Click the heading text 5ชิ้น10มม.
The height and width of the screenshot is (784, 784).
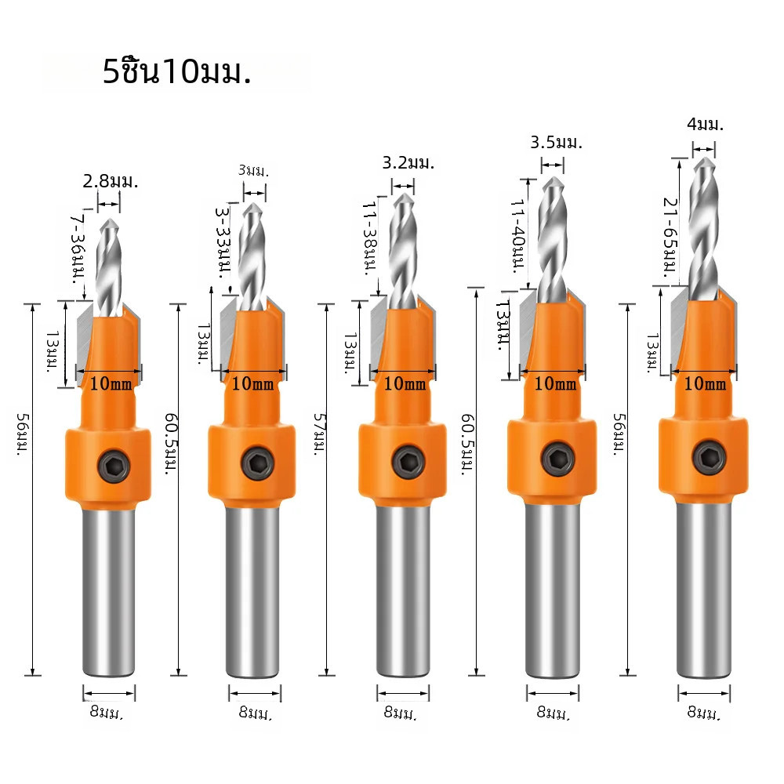click(x=176, y=71)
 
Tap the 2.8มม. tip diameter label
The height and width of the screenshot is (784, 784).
click(x=111, y=181)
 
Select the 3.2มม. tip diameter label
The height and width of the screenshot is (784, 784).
click(x=408, y=163)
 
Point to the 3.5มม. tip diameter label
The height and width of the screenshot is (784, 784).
click(x=557, y=143)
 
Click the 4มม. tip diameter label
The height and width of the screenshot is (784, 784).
click(x=705, y=124)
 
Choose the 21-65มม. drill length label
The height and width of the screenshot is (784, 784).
click(x=670, y=238)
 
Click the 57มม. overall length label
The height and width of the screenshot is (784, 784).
click(x=320, y=434)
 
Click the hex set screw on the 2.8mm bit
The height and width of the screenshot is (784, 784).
click(x=114, y=466)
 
